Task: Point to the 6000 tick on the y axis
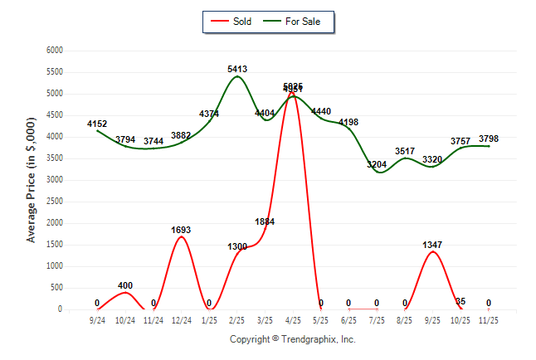54,51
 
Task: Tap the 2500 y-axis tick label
54,202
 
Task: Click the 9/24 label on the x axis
97,319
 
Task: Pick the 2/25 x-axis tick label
236,319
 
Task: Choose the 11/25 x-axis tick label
489,319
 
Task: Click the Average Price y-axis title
32,181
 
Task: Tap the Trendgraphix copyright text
292,339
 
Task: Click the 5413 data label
236,70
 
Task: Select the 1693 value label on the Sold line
181,230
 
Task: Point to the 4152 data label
97,124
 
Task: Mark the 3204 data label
377,165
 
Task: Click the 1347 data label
432,245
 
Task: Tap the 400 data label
125,286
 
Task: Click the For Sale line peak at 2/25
236,76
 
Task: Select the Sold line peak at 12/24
181,236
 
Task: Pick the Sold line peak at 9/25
432,251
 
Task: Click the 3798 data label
489,139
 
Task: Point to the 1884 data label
265,221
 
